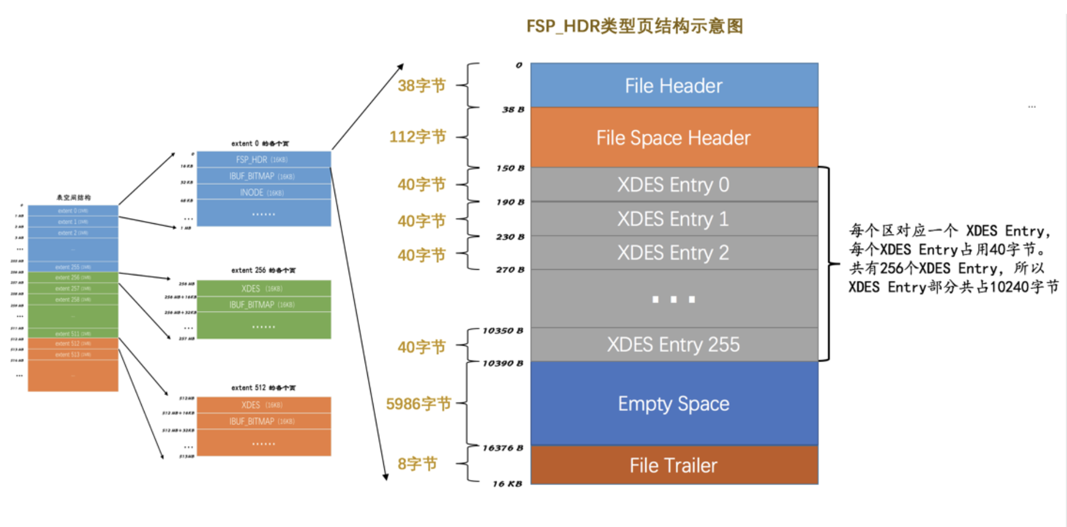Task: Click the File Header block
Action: pos(674,86)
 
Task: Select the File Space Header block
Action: pos(674,138)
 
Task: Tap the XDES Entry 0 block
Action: pos(674,185)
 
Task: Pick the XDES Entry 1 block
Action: pos(674,219)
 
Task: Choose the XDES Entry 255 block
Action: pos(674,345)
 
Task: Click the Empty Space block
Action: pos(674,403)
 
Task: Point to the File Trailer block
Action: pos(674,465)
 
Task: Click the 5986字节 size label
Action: pos(418,403)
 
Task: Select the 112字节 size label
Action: pos(418,137)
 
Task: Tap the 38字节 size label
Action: pos(421,86)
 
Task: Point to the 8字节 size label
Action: pos(417,464)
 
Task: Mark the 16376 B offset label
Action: pos(503,448)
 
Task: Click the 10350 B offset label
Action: pos(503,330)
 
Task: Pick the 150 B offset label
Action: pos(510,168)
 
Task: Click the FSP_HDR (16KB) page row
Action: pos(263,160)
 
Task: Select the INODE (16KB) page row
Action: pos(263,193)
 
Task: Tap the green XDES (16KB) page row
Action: pos(263,288)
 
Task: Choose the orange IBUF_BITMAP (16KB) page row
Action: pos(263,422)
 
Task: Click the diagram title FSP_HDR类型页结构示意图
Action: pos(634,26)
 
